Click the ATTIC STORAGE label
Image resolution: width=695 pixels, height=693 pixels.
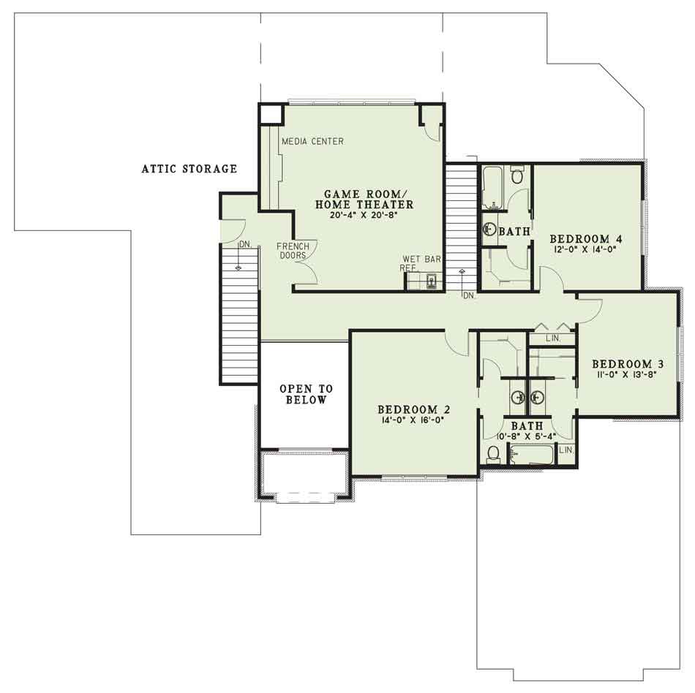[189, 169]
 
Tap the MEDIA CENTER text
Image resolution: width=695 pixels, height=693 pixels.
[313, 141]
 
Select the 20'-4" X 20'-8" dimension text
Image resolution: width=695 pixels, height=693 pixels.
[363, 216]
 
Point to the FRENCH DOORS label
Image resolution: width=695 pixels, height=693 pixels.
[293, 251]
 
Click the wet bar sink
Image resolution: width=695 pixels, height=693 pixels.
[432, 281]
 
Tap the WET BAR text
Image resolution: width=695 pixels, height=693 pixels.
[422, 259]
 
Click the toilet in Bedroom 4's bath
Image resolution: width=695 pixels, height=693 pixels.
[516, 175]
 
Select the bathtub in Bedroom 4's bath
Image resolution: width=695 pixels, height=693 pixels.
[492, 187]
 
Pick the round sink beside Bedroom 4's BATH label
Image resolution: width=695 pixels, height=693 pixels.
[489, 230]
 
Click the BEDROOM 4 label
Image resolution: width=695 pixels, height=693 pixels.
[586, 239]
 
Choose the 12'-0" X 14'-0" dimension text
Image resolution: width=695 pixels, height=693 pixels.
[585, 249]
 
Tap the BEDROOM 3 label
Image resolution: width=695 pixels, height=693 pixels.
[628, 364]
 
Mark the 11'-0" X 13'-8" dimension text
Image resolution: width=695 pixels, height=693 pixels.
[626, 374]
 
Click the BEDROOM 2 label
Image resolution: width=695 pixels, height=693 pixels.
[414, 409]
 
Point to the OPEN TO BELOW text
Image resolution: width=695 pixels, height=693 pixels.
[306, 394]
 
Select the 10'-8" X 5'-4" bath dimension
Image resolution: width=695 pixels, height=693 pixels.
[526, 436]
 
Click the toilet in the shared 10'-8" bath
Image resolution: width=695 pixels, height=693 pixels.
[493, 455]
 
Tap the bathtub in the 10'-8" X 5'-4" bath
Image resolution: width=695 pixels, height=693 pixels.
[531, 455]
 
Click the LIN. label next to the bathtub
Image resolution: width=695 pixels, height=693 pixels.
[566, 450]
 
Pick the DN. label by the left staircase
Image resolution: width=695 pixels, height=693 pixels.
[245, 244]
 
